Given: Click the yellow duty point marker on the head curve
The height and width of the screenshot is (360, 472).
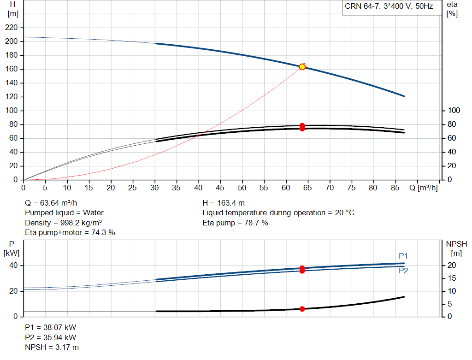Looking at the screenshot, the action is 302,67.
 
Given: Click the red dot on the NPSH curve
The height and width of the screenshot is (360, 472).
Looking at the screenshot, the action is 302,309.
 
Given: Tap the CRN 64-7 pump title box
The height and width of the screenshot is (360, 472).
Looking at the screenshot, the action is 389,7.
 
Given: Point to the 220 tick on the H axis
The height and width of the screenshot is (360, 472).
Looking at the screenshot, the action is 11,28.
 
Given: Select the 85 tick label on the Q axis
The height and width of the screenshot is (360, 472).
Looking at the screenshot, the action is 395,188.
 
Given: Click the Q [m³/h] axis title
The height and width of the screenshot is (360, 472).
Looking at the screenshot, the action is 424,188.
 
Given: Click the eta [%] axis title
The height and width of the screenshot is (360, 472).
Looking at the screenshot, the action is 452,9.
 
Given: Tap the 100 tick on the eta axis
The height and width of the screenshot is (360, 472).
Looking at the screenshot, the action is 454,111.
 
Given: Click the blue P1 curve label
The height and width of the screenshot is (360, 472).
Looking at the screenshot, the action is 403,256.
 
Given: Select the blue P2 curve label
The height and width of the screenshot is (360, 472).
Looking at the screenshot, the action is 403,271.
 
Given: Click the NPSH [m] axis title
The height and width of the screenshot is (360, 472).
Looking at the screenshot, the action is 456,248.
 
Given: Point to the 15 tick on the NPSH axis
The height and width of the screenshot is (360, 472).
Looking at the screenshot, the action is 452,278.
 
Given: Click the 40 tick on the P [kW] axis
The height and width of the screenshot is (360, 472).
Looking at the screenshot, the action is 13,266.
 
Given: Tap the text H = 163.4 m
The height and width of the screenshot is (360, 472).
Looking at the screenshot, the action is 224,203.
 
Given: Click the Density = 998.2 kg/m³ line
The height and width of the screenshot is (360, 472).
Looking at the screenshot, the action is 63,223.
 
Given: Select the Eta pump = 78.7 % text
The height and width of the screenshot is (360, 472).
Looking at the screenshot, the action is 235,223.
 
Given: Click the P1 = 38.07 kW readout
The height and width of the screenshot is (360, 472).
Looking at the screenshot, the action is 51,327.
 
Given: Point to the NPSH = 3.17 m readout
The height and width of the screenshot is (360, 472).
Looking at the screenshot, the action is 52,348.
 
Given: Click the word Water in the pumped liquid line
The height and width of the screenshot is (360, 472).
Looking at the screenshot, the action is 93,213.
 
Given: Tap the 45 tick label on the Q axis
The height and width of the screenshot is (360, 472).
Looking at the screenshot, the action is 220,188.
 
